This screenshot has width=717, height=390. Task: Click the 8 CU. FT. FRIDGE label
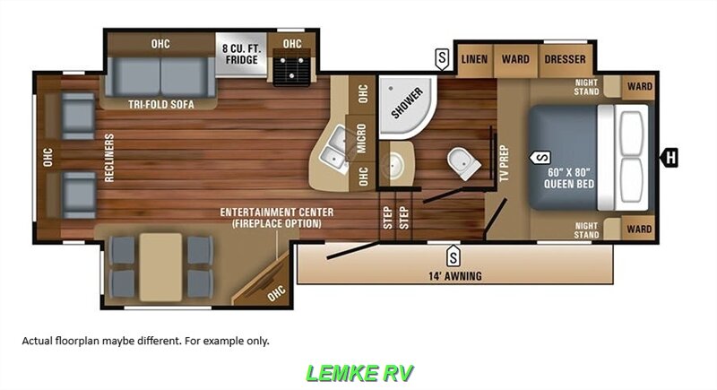[241, 54]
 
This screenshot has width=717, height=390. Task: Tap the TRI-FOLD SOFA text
[161, 104]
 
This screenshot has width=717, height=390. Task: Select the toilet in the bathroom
[463, 163]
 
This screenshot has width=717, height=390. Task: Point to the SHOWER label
[407, 103]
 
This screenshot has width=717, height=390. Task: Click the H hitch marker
[669, 158]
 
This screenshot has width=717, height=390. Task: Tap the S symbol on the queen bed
[540, 158]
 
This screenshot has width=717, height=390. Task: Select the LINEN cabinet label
[474, 59]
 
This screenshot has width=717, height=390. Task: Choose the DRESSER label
[565, 59]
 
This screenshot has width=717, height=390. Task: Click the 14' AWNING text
[455, 276]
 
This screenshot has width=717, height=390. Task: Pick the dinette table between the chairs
[160, 267]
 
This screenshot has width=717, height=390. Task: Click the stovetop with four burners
[292, 67]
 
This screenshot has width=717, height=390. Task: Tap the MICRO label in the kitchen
[362, 138]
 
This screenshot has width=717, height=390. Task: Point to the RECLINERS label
[109, 158]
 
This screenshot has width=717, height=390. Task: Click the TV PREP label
[504, 163]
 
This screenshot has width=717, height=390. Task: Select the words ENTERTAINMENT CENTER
[277, 212]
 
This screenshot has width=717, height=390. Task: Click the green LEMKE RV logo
[359, 373]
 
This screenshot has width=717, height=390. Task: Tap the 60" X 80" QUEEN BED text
[569, 178]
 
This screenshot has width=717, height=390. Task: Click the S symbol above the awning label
[453, 256]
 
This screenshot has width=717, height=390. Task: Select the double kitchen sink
[336, 148]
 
